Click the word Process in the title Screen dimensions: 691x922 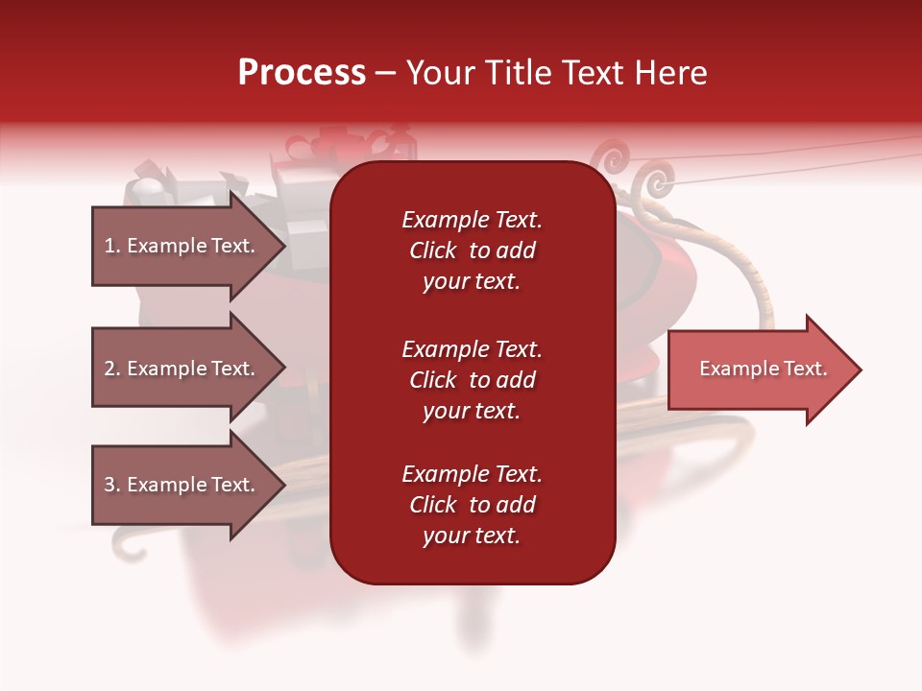click(x=302, y=73)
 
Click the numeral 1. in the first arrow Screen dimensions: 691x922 click(x=112, y=246)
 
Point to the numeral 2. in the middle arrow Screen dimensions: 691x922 click(x=112, y=369)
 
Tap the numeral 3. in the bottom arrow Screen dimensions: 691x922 click(x=112, y=485)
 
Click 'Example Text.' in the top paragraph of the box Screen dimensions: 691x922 click(x=472, y=220)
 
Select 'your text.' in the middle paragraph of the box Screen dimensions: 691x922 click(x=472, y=411)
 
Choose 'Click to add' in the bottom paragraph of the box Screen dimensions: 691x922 click(x=472, y=505)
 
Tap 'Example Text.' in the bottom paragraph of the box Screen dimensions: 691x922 click(x=472, y=474)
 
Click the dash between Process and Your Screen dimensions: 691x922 click(x=386, y=74)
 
